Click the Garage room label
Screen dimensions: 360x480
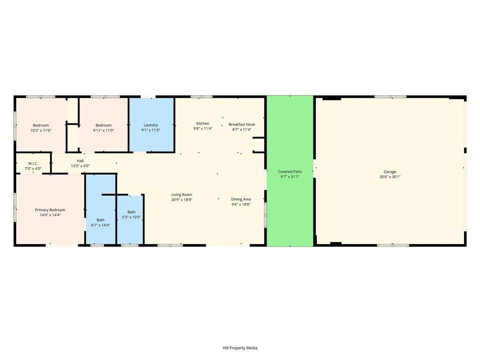pos(390,172)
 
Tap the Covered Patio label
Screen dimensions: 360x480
pos(290,172)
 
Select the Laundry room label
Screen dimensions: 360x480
pos(150,125)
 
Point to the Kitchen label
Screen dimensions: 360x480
pos(202,123)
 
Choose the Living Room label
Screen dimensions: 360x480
pos(181,195)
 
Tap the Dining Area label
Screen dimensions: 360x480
pos(241,199)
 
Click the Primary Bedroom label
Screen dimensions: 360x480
pos(50,210)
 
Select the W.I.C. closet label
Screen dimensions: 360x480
pos(33,164)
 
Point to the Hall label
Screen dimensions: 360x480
pos(80,161)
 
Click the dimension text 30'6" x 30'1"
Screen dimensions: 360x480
pos(390,177)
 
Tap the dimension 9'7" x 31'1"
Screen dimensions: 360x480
pos(290,177)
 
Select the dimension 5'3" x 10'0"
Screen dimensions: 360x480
pos(131,217)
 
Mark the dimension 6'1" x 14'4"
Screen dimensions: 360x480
pos(100,225)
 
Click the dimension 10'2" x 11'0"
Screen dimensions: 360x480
pos(41,130)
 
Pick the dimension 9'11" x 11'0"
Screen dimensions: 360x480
pos(104,130)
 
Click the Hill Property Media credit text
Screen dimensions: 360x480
pos(240,348)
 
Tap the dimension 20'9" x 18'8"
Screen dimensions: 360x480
pos(181,200)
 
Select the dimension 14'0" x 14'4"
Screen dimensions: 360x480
pos(50,215)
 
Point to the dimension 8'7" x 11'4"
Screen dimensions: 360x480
pos(242,129)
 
